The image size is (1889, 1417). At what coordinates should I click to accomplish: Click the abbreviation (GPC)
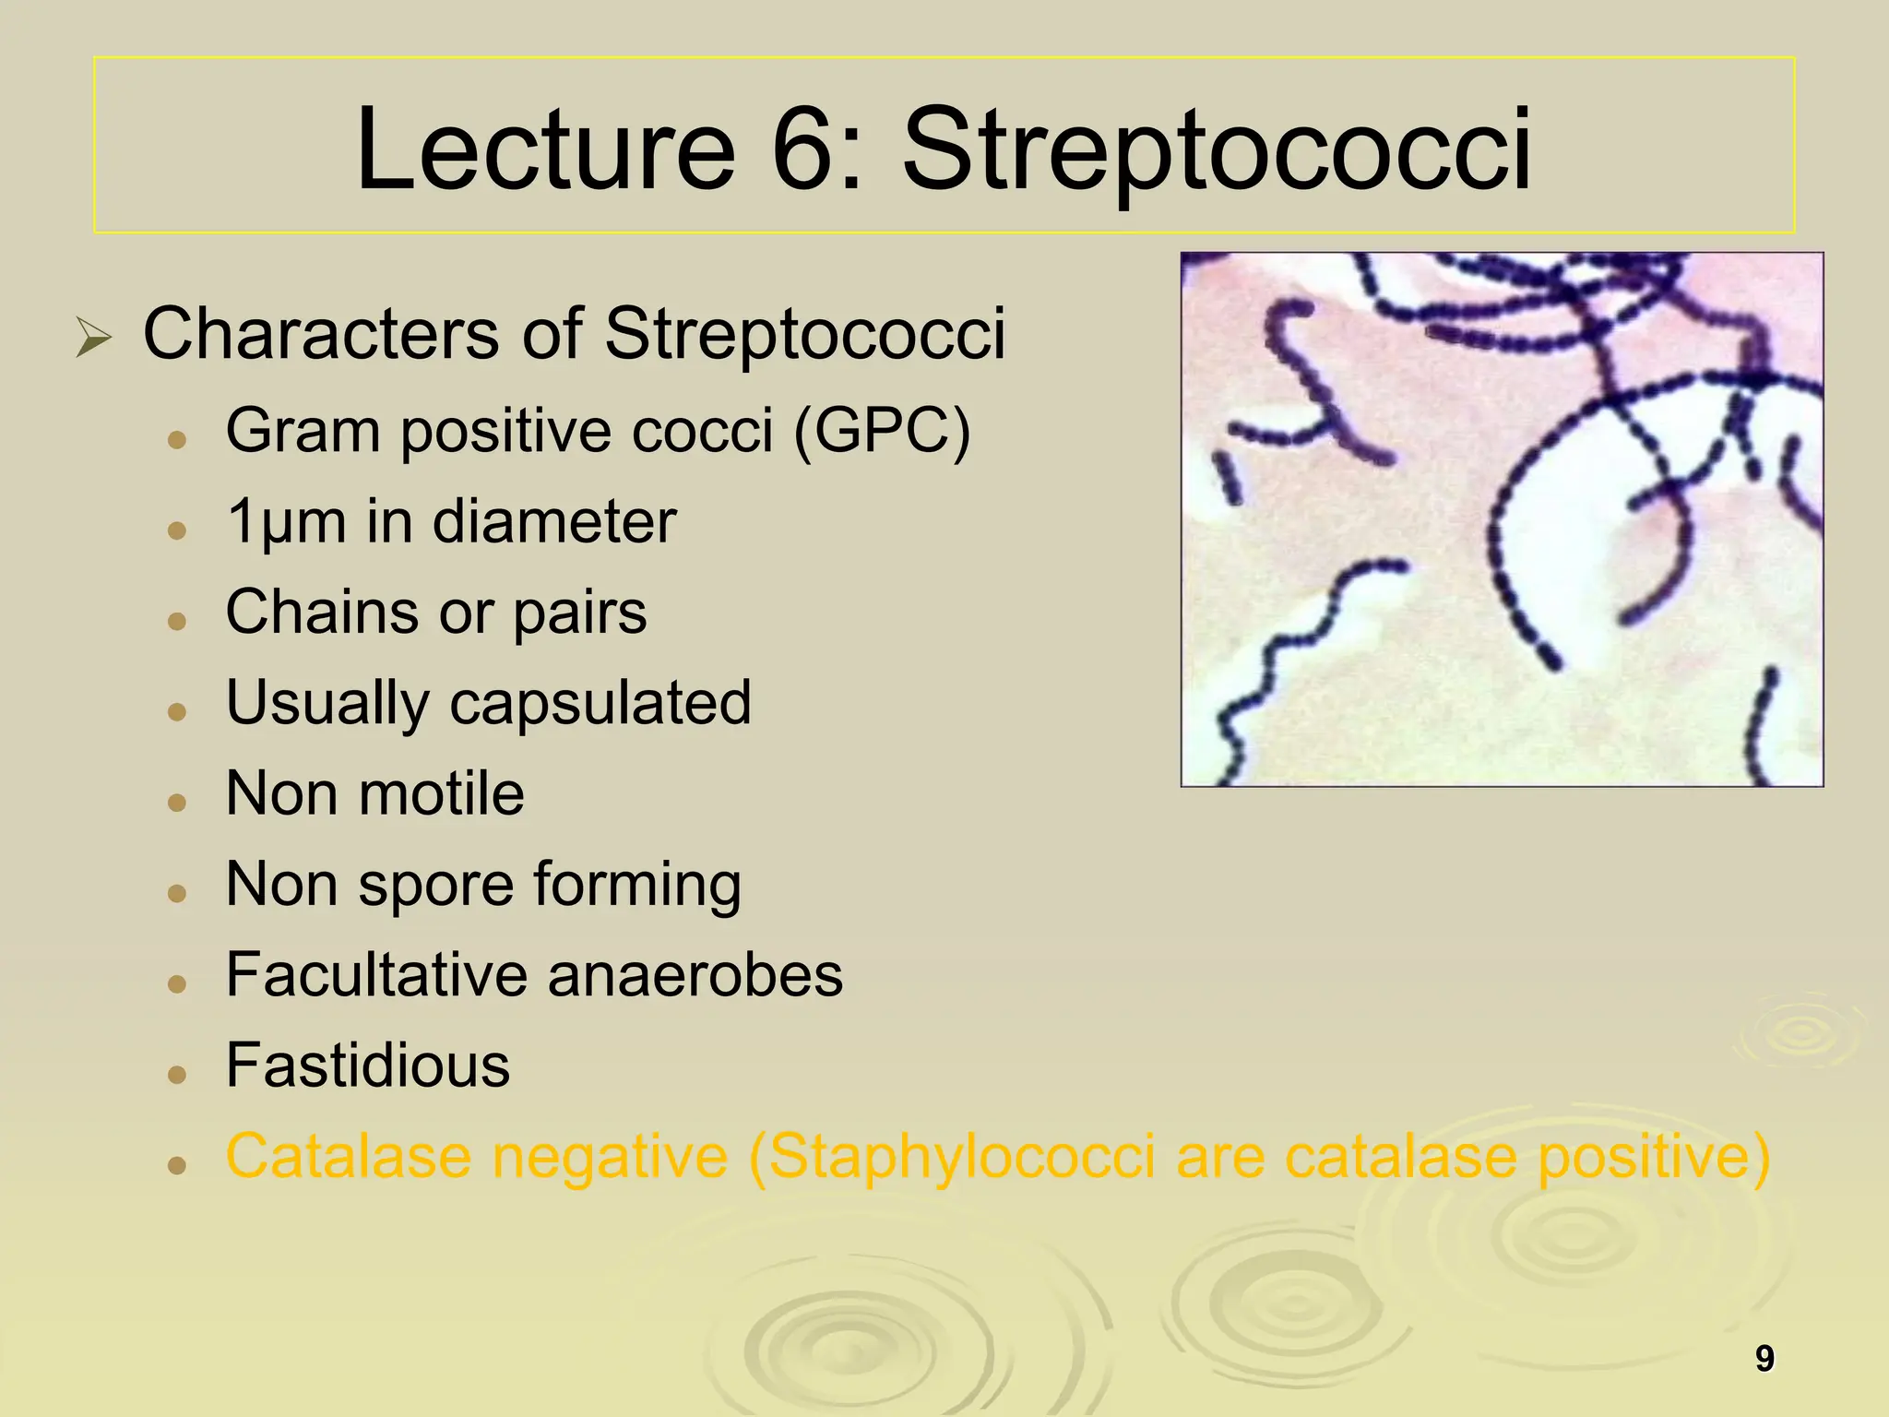[882, 432]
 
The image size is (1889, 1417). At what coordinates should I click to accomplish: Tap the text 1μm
[286, 523]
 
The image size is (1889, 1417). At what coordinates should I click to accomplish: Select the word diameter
[554, 521]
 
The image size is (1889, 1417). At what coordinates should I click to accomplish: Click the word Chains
[321, 612]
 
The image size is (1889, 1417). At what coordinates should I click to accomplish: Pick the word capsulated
[600, 704]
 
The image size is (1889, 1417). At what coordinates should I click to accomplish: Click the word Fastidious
[368, 1066]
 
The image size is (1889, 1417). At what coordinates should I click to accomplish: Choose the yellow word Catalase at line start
[347, 1156]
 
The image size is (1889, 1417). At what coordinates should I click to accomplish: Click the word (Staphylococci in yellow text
[952, 1158]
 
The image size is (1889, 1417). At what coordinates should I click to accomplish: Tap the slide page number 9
[1764, 1359]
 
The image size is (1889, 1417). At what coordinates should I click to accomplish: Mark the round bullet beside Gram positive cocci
[178, 439]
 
